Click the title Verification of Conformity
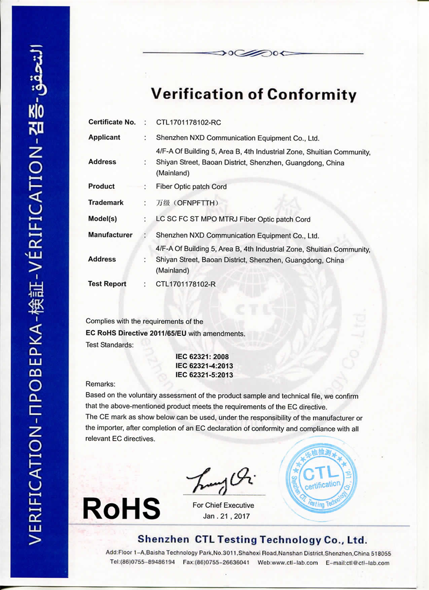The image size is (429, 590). [253, 94]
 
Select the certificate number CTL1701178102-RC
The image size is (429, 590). [188, 122]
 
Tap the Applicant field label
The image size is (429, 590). [104, 137]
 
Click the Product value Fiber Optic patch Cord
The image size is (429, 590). [191, 187]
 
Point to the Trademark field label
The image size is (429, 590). [106, 203]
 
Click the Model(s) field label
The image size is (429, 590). [102, 219]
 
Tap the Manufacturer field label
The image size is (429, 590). [110, 235]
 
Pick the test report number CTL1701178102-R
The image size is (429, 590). [186, 284]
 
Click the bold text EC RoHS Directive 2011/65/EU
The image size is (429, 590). [136, 334]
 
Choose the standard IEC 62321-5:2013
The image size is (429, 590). [204, 375]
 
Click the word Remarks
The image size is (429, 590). [100, 384]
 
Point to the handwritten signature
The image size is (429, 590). [220, 479]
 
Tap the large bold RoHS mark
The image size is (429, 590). [121, 507]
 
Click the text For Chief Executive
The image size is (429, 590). [223, 505]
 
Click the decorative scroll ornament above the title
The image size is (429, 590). [253, 53]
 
